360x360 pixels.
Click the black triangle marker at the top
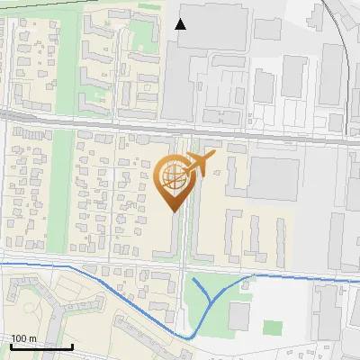(181, 24)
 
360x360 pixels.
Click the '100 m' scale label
(23, 338)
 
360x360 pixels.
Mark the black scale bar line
(41, 346)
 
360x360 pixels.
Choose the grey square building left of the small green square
(238, 315)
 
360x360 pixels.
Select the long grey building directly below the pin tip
(169, 236)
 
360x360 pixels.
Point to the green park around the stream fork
(202, 310)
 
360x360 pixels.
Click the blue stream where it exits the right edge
(355, 280)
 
